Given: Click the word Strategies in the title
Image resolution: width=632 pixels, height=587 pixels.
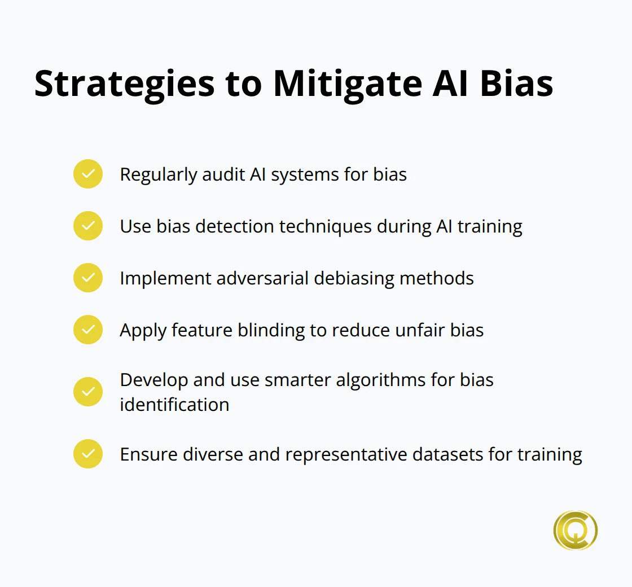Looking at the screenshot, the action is pyautogui.click(x=125, y=85).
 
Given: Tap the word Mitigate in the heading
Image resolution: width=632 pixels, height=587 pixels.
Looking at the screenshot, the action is pyautogui.click(x=348, y=85).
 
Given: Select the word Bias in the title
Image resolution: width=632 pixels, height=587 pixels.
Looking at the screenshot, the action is pyautogui.click(x=517, y=84).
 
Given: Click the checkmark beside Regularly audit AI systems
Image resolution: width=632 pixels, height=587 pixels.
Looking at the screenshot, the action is pyautogui.click(x=88, y=174).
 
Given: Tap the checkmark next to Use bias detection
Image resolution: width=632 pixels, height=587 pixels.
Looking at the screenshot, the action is pyautogui.click(x=88, y=226).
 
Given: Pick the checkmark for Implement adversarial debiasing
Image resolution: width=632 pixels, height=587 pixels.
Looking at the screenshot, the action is pyautogui.click(x=88, y=278).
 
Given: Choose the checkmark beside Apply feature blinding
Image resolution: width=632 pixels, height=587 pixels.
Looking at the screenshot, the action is pyautogui.click(x=88, y=330).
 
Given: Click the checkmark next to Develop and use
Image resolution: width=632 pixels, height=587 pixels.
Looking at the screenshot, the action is pyautogui.click(x=88, y=392).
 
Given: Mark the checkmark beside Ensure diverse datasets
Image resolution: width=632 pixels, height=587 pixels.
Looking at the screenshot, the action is pyautogui.click(x=88, y=454).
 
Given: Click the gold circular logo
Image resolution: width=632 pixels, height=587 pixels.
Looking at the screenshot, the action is pyautogui.click(x=575, y=530).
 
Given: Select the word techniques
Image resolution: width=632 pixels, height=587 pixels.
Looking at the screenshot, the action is pyautogui.click(x=325, y=227).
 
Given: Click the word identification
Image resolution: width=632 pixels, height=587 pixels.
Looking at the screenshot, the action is pyautogui.click(x=174, y=405).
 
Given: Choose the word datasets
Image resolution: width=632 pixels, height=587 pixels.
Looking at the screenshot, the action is pyautogui.click(x=448, y=454).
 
